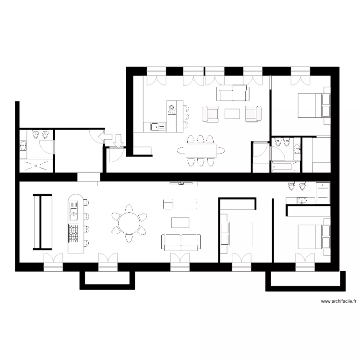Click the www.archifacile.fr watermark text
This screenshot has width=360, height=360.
pyautogui.click(x=339, y=302)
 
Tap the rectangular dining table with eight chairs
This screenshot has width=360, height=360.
pyautogui.click(x=201, y=151)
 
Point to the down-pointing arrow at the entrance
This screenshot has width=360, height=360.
pyautogui.click(x=119, y=140)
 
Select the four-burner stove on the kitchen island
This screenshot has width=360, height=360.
pyautogui.click(x=74, y=232)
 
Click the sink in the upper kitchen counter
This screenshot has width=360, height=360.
pyautogui.click(x=156, y=127)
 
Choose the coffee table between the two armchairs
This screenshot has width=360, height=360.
pyautogui.click(x=232, y=113)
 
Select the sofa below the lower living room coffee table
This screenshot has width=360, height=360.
pyautogui.click(x=181, y=241)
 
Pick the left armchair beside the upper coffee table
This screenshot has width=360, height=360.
pyautogui.click(x=211, y=114)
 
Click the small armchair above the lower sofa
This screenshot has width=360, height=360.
pyautogui.click(x=168, y=204)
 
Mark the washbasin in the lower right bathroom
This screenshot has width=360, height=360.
pyautogui.click(x=301, y=200)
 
